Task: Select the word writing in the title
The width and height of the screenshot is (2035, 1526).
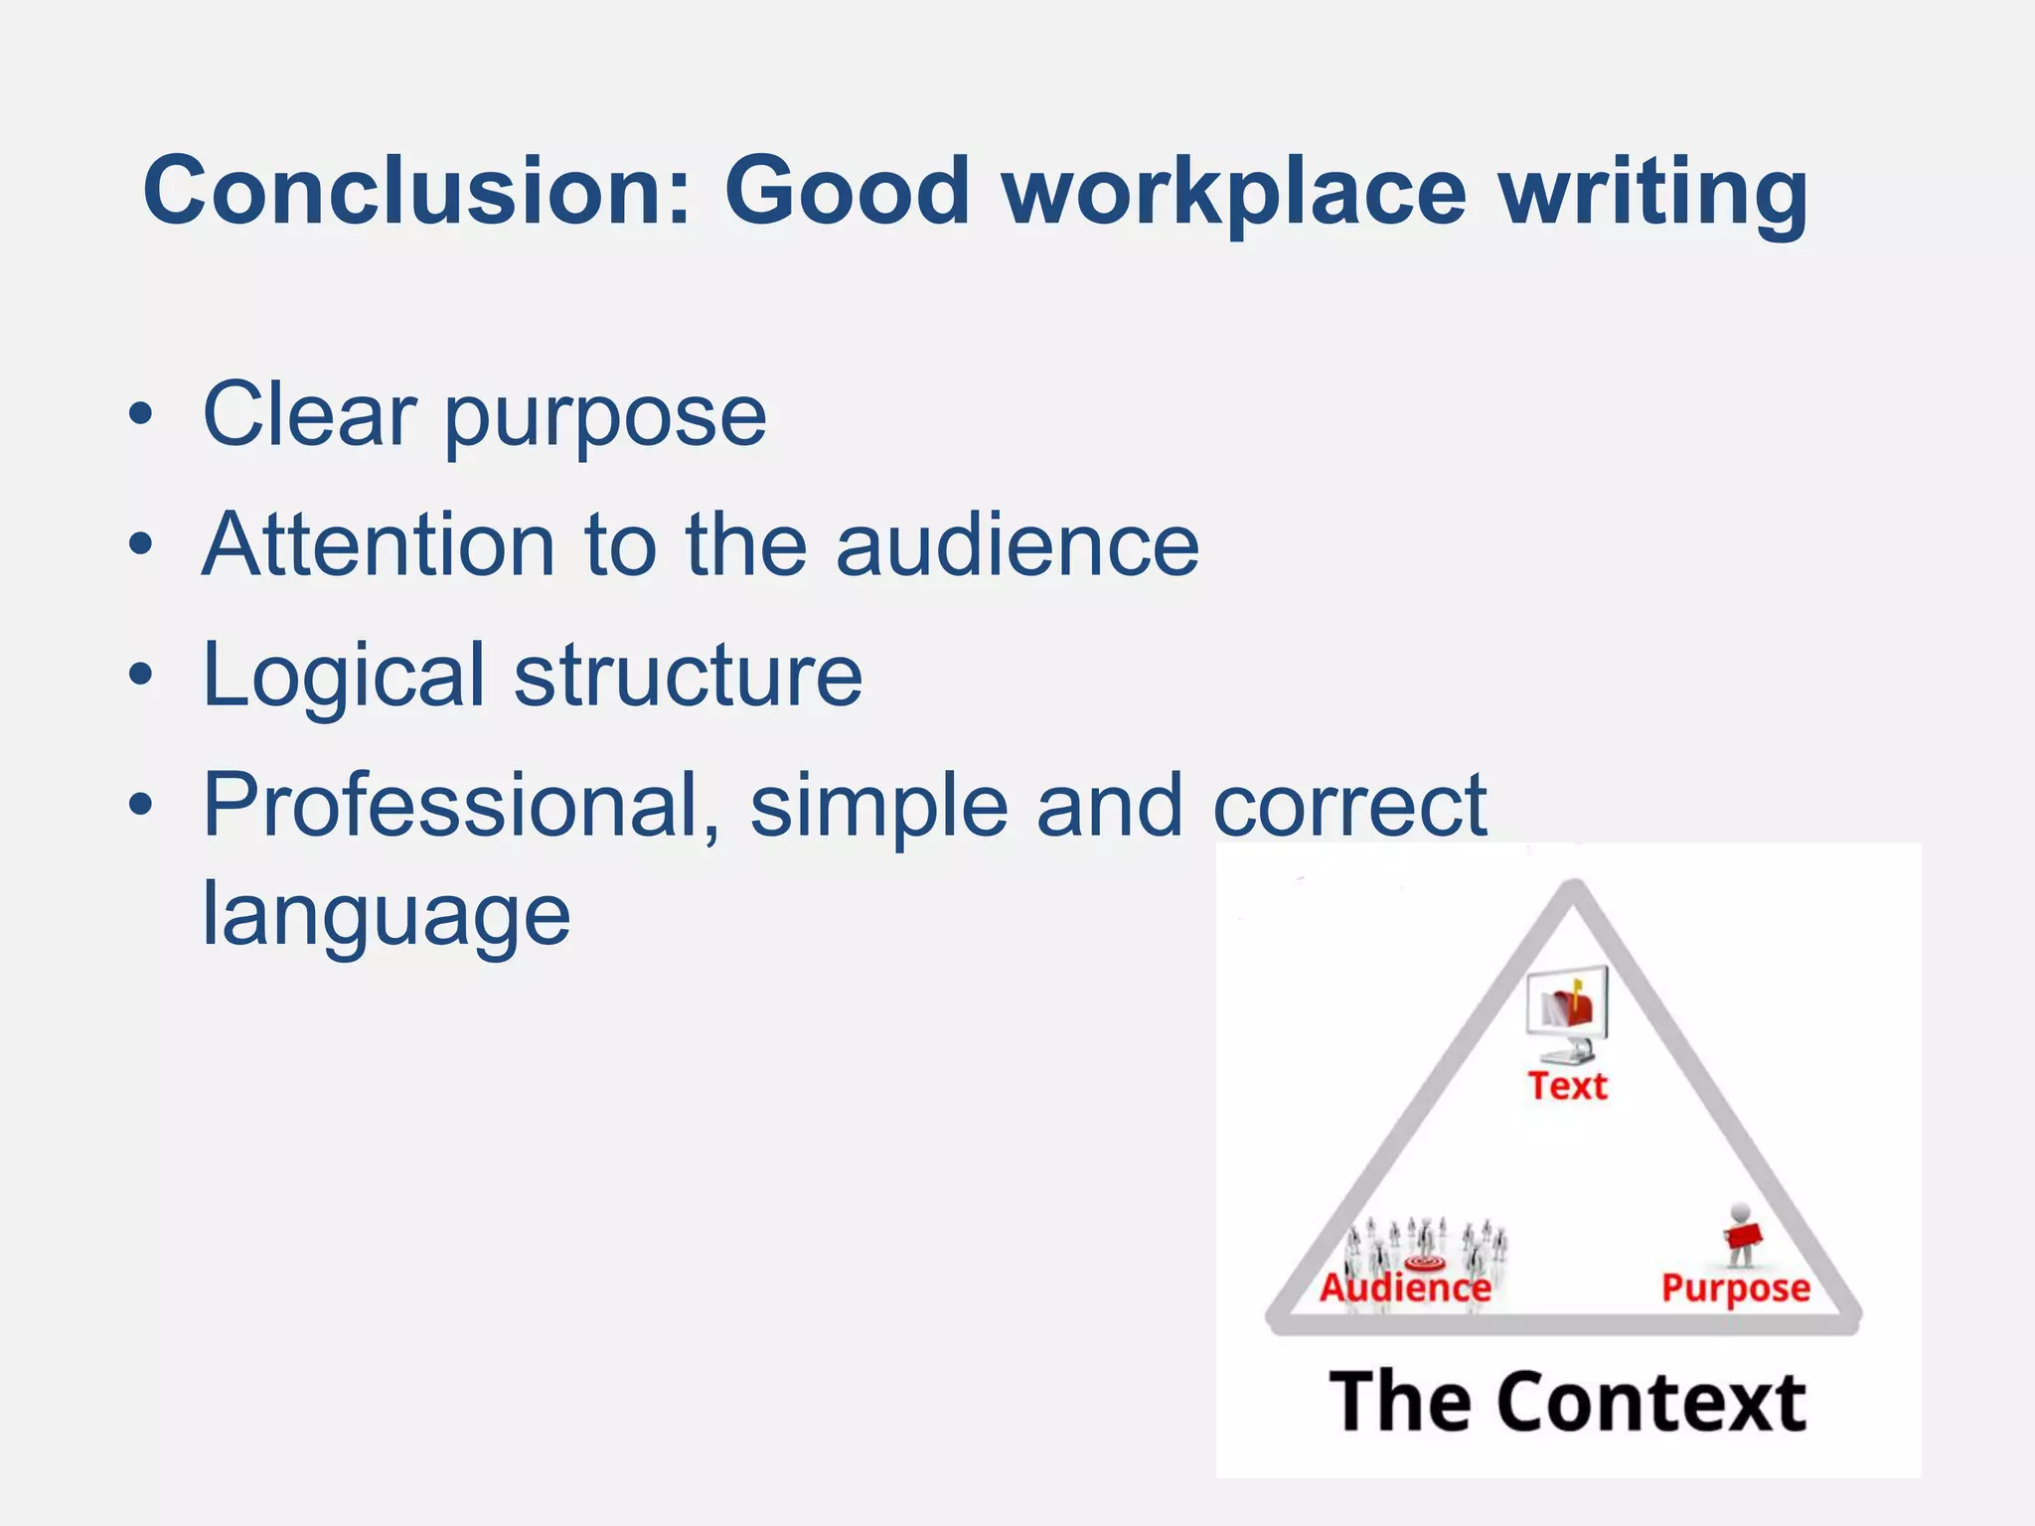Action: (x=1653, y=193)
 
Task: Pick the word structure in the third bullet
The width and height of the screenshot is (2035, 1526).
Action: (x=688, y=676)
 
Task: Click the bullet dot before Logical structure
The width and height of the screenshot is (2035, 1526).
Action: (x=141, y=676)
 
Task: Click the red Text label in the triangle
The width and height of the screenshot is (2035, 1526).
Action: (x=1567, y=1086)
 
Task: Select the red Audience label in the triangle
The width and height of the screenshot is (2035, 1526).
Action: (x=1405, y=1288)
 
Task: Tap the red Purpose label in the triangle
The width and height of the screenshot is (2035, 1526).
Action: (x=1735, y=1289)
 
